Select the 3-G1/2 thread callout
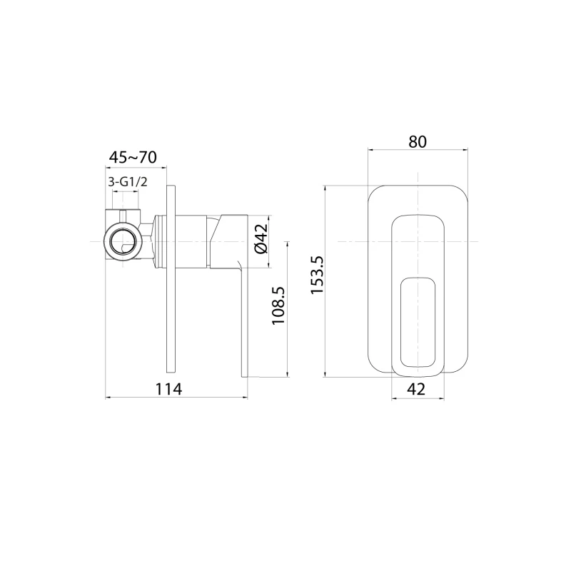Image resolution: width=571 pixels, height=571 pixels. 127,182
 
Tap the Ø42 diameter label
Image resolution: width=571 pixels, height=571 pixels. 261,239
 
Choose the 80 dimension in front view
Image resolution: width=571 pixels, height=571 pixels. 418,141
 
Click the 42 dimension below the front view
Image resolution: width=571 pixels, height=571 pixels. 417,389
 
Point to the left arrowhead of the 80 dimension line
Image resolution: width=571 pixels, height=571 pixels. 370,150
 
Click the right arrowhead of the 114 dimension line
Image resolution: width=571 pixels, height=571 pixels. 246,397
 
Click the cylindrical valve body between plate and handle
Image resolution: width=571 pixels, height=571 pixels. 191,241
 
